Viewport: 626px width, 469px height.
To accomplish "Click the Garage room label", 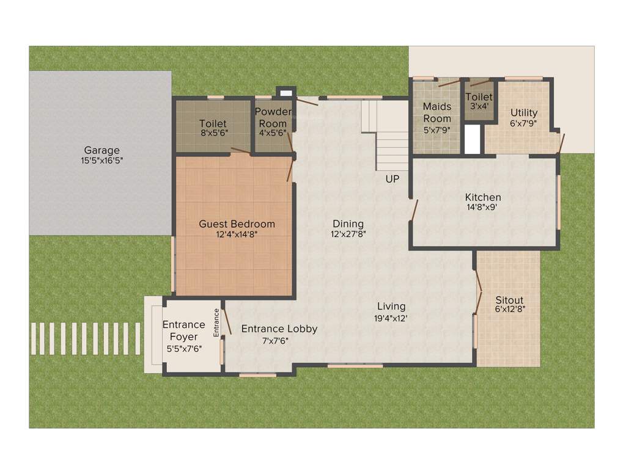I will (101, 150).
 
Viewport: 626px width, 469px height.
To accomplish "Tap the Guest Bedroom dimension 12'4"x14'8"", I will (237, 234).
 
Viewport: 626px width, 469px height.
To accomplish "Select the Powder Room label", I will (273, 117).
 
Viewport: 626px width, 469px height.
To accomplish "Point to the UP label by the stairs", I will (392, 179).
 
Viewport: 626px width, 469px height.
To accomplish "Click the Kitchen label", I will (483, 197).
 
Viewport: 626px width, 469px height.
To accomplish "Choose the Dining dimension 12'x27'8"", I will (348, 234).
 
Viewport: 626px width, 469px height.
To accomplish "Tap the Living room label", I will (391, 307).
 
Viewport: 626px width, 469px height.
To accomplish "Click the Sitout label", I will (509, 300).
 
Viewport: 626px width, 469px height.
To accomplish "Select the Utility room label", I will (524, 112).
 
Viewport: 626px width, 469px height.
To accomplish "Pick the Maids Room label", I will (437, 112).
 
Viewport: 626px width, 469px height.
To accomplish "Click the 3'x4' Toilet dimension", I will (479, 106).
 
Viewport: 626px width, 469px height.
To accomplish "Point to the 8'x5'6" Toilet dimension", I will (212, 133).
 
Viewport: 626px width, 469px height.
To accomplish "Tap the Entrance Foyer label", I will (183, 330).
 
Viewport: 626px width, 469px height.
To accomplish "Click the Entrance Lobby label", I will (279, 329).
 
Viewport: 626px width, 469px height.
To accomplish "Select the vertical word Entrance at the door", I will (216, 323).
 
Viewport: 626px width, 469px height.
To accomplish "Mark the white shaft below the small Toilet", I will (473, 139).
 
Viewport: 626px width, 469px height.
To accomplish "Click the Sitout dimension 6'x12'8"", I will (509, 310).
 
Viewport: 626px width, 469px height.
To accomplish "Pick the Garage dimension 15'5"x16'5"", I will (101, 161).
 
